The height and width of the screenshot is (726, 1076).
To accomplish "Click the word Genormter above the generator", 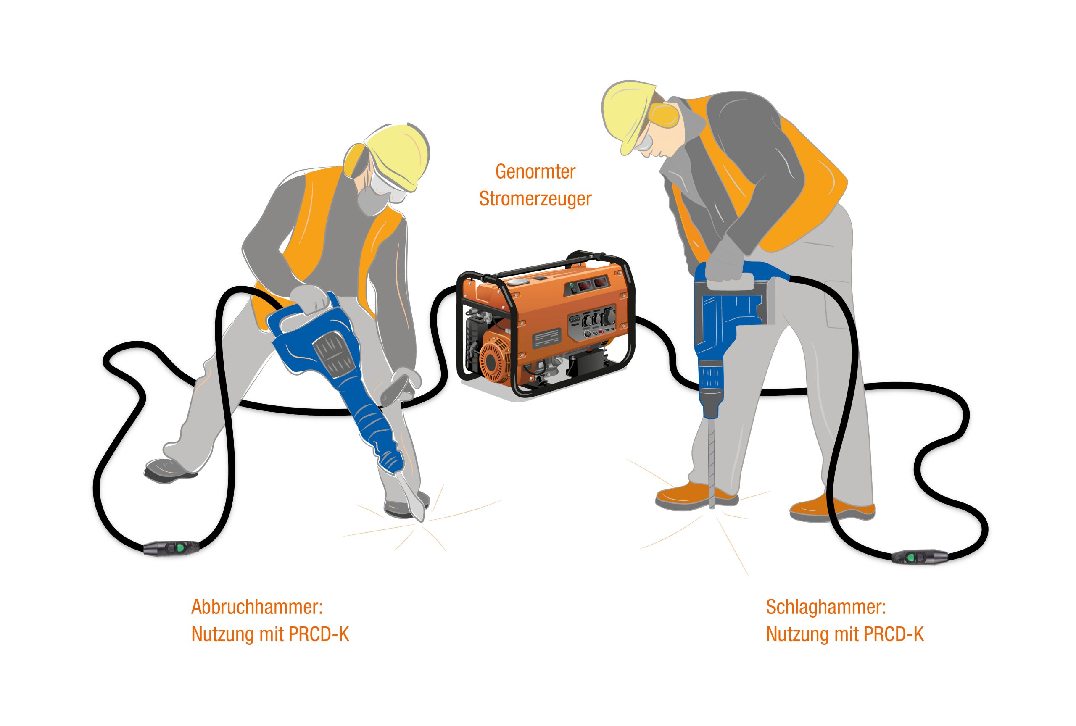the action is pos(535,172).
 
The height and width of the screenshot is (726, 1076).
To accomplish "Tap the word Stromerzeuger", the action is pos(535,199).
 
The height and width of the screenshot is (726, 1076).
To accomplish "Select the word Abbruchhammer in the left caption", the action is pos(256,607).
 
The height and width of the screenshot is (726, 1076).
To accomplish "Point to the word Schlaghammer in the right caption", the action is pos(826,607).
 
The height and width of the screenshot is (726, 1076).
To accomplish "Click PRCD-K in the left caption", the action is pos(319,634).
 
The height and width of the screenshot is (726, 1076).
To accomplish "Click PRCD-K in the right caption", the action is pos(893,634).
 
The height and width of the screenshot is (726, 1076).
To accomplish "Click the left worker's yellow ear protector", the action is pos(356,160).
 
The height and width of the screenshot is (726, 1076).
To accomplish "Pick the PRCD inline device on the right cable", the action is pos(919,557).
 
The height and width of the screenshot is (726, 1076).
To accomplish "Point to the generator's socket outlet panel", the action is pos(595,321).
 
